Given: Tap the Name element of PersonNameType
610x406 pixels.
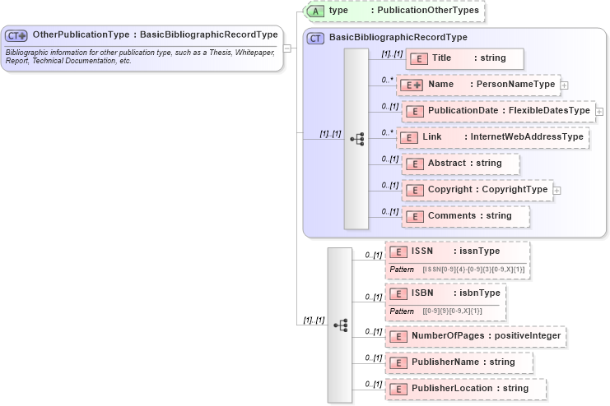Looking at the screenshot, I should (477, 85).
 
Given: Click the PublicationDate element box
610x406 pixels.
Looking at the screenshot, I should (498, 111).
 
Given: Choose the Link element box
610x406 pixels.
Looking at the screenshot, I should (492, 137).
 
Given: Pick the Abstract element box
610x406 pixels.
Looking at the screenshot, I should (460, 164).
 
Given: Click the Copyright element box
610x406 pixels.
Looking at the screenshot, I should (477, 190).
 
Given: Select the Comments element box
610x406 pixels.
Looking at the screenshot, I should (465, 216).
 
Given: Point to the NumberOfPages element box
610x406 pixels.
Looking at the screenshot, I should (475, 336).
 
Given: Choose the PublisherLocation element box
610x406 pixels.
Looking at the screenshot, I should (465, 389).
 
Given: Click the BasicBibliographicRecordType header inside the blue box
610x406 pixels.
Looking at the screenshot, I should (398, 38).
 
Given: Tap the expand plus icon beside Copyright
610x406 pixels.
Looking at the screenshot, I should (557, 191).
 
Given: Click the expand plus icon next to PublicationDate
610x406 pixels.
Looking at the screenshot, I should (599, 112).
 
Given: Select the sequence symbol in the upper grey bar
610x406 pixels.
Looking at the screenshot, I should (356, 139).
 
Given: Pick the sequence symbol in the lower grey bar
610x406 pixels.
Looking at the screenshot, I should (340, 325).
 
